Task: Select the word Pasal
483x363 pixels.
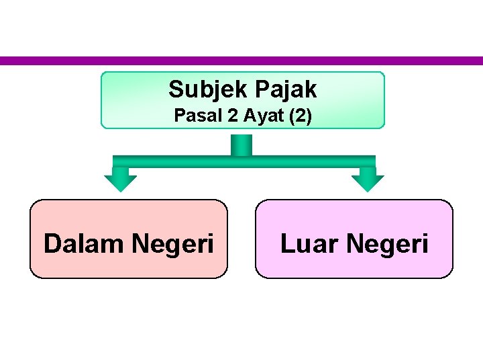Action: (x=195, y=116)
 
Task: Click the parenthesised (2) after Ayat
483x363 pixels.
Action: (x=299, y=116)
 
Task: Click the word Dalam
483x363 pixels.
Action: (x=85, y=243)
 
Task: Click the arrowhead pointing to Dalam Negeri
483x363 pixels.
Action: (x=121, y=181)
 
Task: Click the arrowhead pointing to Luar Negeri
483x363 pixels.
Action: (x=368, y=181)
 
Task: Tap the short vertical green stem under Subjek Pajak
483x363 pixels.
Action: (x=241, y=144)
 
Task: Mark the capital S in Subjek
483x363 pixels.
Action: (x=176, y=89)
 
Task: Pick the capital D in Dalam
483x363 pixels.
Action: (x=52, y=243)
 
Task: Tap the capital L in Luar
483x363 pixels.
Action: (x=287, y=243)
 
